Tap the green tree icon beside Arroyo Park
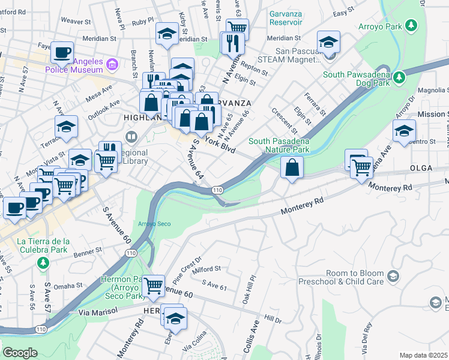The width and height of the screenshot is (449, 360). coord(411,25)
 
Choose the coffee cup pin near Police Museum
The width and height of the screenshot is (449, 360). coord(62,53)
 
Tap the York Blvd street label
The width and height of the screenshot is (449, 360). coord(220,145)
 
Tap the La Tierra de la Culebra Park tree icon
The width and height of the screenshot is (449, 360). coord(43,263)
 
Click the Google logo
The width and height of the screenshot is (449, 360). coord(20,353)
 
